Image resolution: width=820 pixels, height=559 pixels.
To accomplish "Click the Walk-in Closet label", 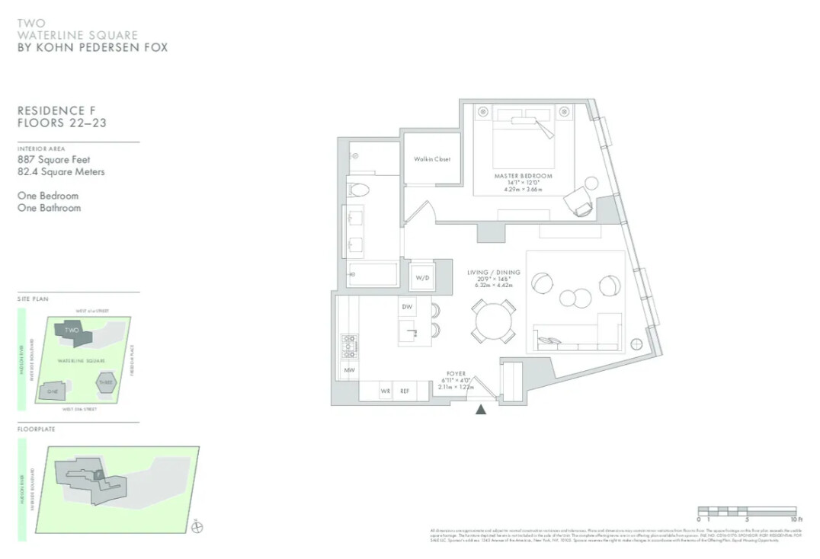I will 432,159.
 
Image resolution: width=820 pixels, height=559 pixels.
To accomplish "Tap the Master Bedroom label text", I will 523,176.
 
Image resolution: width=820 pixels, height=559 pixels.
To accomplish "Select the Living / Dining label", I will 494,272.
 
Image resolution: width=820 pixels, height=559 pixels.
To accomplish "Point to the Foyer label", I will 456,374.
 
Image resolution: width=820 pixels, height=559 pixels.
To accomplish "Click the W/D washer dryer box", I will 422,278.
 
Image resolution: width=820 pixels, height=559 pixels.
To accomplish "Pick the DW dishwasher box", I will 407,306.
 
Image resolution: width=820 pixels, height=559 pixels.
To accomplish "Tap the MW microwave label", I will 349,371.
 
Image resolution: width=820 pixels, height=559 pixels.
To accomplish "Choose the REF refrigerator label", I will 404,391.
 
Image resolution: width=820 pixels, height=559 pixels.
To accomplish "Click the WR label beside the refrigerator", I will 386,391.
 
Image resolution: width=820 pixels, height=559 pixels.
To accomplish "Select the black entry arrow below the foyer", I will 481,409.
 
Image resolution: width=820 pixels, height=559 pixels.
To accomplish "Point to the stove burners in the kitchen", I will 349,347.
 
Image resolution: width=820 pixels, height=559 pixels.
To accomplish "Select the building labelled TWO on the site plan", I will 73,331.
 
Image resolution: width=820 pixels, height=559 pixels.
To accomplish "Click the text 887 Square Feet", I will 53,160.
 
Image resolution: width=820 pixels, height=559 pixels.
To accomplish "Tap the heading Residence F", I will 56,110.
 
